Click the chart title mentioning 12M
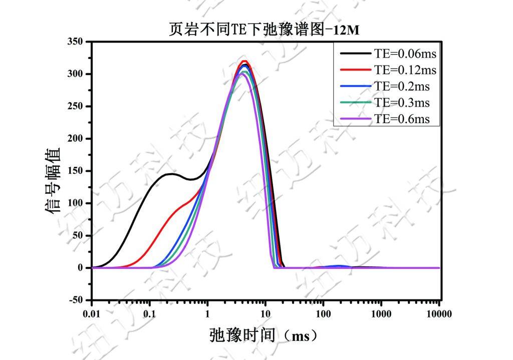pyautogui.click(x=265, y=30)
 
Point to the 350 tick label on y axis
pyautogui.click(x=75, y=42)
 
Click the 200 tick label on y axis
pyautogui.click(x=75, y=139)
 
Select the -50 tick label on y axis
pyautogui.click(x=75, y=300)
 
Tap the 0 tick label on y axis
pyautogui.click(x=81, y=268)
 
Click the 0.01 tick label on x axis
pyautogui.click(x=91, y=314)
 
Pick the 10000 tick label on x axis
pyautogui.click(x=439, y=314)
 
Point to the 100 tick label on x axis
pyautogui.click(x=323, y=314)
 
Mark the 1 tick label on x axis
pyautogui.click(x=207, y=314)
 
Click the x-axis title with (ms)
pyautogui.click(x=264, y=335)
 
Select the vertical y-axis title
pyautogui.click(x=54, y=181)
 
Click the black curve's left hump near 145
pyautogui.click(x=170, y=174)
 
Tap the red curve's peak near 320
pyautogui.click(x=244, y=61)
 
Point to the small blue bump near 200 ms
pyautogui.click(x=341, y=266)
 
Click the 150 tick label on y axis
pyautogui.click(x=75, y=171)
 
